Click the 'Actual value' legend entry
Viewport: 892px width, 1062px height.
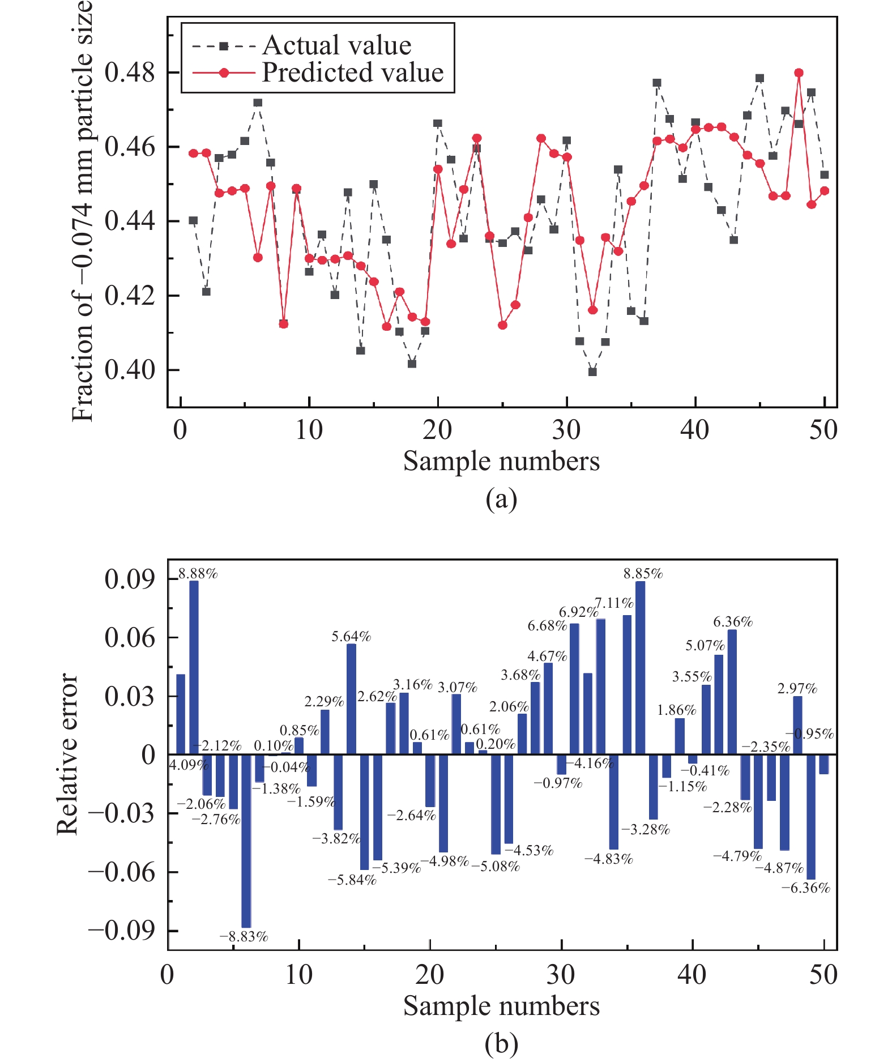point(336,45)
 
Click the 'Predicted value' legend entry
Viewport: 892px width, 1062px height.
point(352,72)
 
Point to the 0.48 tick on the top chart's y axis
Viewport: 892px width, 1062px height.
point(130,72)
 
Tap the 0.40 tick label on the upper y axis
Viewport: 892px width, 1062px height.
point(130,370)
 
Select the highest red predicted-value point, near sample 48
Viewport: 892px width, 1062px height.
point(799,72)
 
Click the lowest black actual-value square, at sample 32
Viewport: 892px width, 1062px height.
point(592,372)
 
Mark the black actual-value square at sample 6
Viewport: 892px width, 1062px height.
point(258,103)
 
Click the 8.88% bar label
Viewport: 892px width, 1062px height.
point(198,574)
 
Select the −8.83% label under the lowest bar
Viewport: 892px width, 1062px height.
point(244,937)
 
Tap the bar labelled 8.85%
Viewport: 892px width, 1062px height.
point(641,668)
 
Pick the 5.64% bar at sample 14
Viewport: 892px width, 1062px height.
point(351,699)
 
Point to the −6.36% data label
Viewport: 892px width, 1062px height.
point(805,888)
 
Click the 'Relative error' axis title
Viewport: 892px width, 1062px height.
point(67,754)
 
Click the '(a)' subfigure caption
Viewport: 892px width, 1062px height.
point(501,500)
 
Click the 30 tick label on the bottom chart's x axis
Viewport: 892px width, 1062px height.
point(561,975)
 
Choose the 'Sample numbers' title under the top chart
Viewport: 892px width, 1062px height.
point(501,461)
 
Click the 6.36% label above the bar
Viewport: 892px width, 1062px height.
point(733,622)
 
